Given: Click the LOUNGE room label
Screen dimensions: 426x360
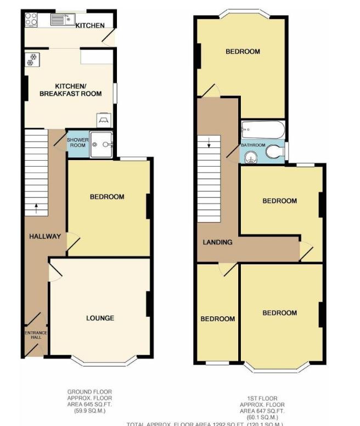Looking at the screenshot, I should (x=100, y=318).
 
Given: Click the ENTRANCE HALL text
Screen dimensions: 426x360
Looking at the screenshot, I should (x=35, y=336).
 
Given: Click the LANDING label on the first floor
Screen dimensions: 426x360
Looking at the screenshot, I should (x=217, y=242).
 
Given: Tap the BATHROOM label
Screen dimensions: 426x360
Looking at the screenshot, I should (x=253, y=145).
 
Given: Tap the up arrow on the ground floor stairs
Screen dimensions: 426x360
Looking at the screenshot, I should (x=36, y=208).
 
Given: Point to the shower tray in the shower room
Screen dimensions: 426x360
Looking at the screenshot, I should (x=102, y=144).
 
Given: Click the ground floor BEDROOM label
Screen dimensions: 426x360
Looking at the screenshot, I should (x=107, y=197).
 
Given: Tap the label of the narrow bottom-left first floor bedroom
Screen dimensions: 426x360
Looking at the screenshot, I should (x=217, y=319).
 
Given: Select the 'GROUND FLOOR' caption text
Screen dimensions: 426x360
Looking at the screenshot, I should (x=89, y=391).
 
